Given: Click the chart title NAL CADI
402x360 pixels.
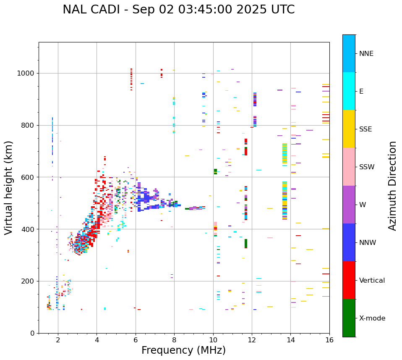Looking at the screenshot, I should [178, 10].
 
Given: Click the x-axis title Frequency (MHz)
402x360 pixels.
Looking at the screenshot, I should [183, 350].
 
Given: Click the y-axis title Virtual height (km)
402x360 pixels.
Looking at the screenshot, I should [9, 187].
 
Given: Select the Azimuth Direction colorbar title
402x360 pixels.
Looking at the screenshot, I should [392, 186].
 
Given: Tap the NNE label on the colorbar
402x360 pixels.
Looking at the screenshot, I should [366, 54].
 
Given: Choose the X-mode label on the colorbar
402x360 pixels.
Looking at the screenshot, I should [372, 318].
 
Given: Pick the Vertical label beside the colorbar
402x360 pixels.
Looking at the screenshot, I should [372, 281].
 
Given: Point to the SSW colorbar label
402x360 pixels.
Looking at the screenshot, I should [367, 167].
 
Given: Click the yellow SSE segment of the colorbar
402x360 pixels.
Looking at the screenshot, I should [349, 129].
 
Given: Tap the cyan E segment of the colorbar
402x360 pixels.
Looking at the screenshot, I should [349, 91].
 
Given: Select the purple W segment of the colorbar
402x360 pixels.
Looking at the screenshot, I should [349, 205].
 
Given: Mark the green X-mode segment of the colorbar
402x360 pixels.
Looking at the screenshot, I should [349, 318].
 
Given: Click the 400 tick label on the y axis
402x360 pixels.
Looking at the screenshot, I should [29, 229].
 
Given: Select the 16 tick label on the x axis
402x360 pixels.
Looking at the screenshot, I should [329, 340].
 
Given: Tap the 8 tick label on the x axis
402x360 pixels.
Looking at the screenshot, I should [174, 340].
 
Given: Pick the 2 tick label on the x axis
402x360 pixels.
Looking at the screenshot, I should [58, 340].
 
